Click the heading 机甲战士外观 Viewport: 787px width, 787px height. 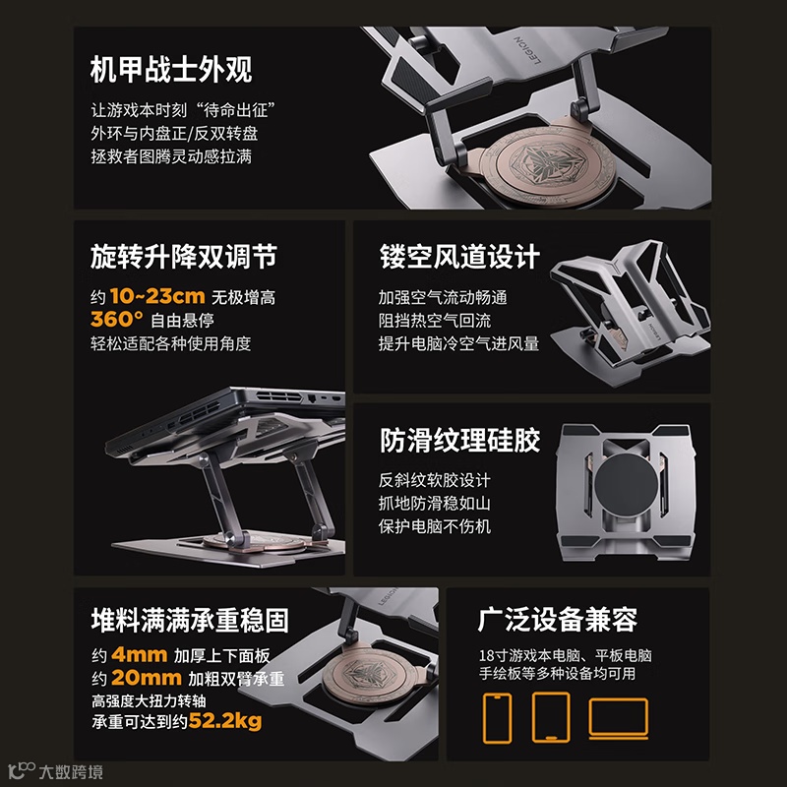tap(171, 69)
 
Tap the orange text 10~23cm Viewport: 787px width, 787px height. tap(157, 296)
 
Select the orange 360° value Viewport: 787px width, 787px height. tap(116, 319)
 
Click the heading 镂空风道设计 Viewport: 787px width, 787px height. tap(459, 257)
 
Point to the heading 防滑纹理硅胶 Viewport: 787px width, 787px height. tap(459, 440)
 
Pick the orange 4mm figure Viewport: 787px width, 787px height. tap(139, 654)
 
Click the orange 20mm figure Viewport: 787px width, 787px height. tap(146, 678)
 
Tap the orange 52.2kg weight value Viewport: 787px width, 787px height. tap(225, 721)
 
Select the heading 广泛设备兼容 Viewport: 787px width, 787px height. tap(557, 620)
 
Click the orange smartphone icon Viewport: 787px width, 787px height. tap(498, 718)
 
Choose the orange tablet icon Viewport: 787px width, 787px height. tap(551, 717)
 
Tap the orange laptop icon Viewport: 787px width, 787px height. tap(619, 718)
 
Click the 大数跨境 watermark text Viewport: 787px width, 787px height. tap(71, 771)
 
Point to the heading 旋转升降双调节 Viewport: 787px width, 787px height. tap(184, 257)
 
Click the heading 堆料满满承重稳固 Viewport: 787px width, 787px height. tap(190, 620)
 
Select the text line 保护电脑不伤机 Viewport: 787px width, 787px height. tap(435, 526)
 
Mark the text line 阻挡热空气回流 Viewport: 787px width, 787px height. tap(435, 321)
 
